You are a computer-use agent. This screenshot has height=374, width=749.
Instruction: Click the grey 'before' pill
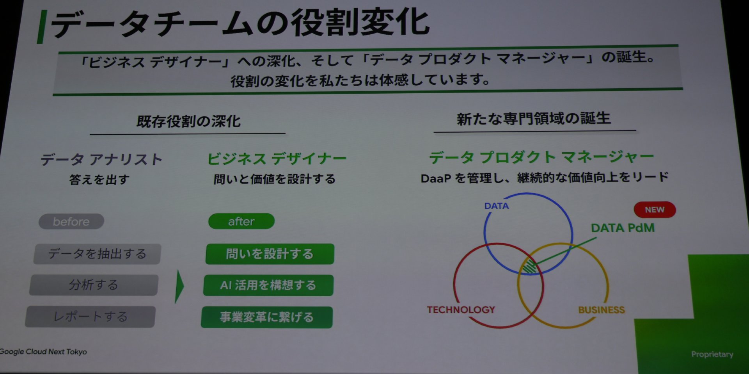pyautogui.click(x=71, y=221)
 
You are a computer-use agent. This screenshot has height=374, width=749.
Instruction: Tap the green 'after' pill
pyautogui.click(x=241, y=221)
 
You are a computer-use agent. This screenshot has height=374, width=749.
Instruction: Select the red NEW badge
pyautogui.click(x=655, y=210)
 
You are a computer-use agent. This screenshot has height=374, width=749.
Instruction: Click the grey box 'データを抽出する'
pyautogui.click(x=97, y=254)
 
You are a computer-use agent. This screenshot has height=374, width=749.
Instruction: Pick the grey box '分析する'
pyautogui.click(x=94, y=285)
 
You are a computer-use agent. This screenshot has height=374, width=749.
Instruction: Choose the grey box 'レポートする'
pyautogui.click(x=91, y=317)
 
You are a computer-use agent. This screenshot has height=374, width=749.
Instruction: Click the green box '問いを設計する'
pyautogui.click(x=270, y=254)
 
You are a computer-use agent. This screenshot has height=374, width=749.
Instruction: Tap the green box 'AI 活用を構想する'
pyautogui.click(x=268, y=285)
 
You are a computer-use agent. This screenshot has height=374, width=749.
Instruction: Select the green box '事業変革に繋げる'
pyautogui.click(x=267, y=317)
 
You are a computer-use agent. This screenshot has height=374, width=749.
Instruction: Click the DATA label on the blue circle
pyautogui.click(x=497, y=206)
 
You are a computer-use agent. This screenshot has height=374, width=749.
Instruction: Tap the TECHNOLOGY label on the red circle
pyautogui.click(x=461, y=310)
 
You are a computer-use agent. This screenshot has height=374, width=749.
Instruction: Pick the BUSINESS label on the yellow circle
pyautogui.click(x=602, y=310)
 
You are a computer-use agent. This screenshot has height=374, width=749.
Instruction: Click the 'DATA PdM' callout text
pyautogui.click(x=623, y=228)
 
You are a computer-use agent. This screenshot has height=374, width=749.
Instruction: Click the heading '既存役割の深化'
pyautogui.click(x=188, y=121)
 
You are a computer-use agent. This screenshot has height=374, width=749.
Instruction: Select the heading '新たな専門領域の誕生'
pyautogui.click(x=534, y=119)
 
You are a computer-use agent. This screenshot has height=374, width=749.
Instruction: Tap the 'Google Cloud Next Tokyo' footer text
pyautogui.click(x=43, y=352)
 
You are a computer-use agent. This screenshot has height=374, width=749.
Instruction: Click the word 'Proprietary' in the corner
pyautogui.click(x=712, y=354)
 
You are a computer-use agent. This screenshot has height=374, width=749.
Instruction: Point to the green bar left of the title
pyautogui.click(x=41, y=27)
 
